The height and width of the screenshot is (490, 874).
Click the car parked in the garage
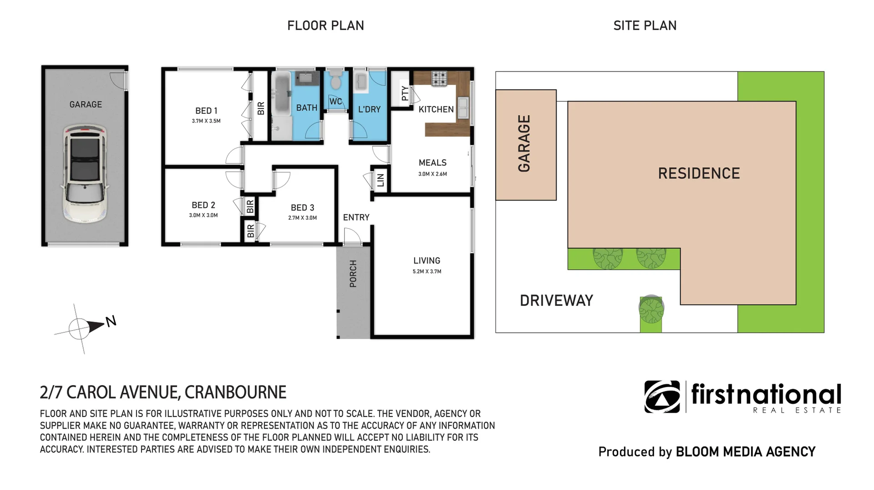pyautogui.click(x=85, y=173)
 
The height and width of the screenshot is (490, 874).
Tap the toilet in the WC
pyautogui.click(x=336, y=80)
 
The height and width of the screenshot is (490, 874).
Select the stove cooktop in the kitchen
pyautogui.click(x=439, y=78)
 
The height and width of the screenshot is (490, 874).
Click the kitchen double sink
pyautogui.click(x=463, y=108)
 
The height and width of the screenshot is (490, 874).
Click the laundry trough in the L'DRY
pyautogui.click(x=361, y=82)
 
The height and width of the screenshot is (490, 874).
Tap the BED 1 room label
pyautogui.click(x=206, y=111)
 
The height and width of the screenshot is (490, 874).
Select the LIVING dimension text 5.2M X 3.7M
pyautogui.click(x=427, y=271)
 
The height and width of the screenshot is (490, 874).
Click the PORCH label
pyautogui.click(x=353, y=274)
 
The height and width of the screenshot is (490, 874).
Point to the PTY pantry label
pyautogui.click(x=405, y=93)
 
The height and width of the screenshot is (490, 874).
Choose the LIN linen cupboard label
pyautogui.click(x=381, y=180)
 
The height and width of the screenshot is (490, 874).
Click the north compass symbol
pyautogui.click(x=84, y=327)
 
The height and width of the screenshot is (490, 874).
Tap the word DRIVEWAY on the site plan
pyautogui.click(x=556, y=301)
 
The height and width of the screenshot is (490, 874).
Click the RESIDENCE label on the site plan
pyautogui.click(x=699, y=173)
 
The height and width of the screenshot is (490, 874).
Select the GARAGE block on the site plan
pyautogui.click(x=526, y=145)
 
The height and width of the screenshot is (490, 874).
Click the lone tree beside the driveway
pyautogui.click(x=651, y=309)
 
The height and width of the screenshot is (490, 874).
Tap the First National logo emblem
pyautogui.click(x=662, y=397)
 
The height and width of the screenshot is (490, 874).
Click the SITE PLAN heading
pyautogui.click(x=645, y=26)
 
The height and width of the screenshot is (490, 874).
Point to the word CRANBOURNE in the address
pyautogui.click(x=235, y=392)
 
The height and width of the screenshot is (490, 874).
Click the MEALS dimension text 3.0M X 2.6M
pyautogui.click(x=432, y=174)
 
